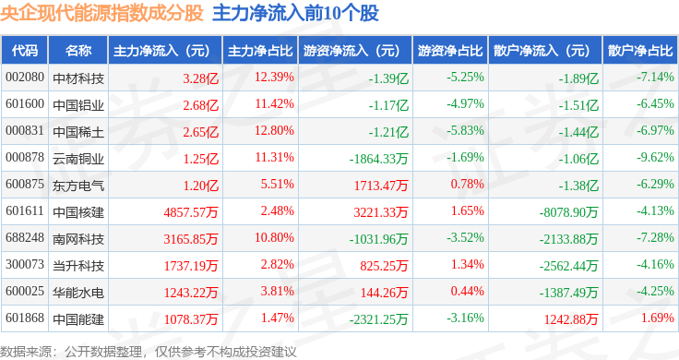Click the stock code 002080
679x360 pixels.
[x=25, y=78]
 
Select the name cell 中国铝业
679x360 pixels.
[x=78, y=105]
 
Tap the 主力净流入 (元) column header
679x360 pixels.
[x=161, y=51]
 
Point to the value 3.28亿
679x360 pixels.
[x=200, y=78]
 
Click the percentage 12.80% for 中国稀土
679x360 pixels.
[x=274, y=130]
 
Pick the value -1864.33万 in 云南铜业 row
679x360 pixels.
[x=379, y=159]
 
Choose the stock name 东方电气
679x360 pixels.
[x=78, y=186]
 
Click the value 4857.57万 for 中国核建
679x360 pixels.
[x=191, y=211]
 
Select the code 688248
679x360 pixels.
[x=25, y=237]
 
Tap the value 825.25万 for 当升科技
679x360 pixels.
[x=384, y=266]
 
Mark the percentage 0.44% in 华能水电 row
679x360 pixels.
[x=467, y=291]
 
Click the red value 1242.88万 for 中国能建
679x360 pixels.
[x=571, y=319]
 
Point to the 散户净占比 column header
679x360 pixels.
[x=640, y=51]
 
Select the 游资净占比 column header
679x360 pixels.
[x=450, y=51]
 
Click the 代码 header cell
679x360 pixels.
[x=25, y=51]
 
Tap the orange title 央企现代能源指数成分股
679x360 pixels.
[x=101, y=13]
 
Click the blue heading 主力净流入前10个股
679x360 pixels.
[x=296, y=13]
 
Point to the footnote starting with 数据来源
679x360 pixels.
[x=149, y=352]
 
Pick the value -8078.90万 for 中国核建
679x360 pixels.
[x=569, y=211]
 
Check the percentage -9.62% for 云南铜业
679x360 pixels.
[x=655, y=157]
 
